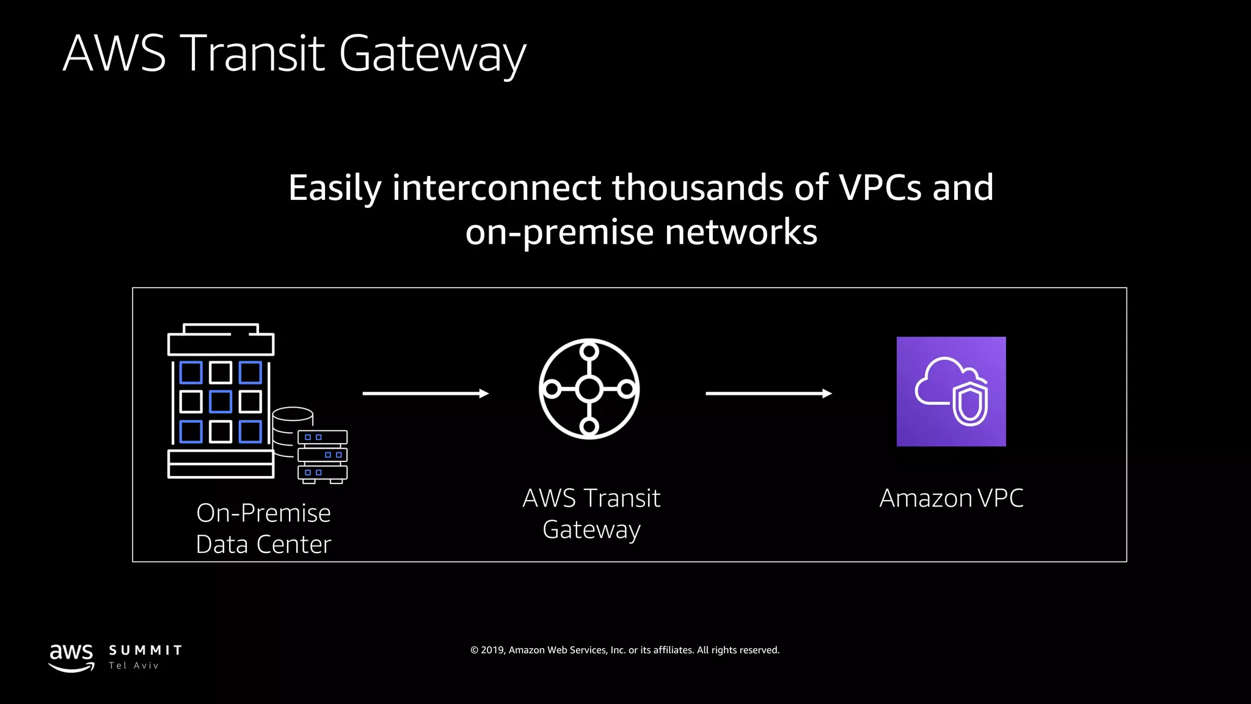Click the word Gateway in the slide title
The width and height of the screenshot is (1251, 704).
click(432, 54)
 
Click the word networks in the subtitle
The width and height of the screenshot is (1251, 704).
click(740, 233)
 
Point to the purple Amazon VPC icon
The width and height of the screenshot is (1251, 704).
click(950, 391)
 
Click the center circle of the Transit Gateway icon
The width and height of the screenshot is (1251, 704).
click(589, 389)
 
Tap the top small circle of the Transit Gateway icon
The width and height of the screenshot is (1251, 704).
click(589, 351)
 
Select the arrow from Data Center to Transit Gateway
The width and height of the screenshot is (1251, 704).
click(425, 394)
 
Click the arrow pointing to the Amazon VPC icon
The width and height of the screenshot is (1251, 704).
click(768, 394)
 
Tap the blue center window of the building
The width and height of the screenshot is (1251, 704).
click(221, 402)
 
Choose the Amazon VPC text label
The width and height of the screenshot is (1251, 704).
click(951, 498)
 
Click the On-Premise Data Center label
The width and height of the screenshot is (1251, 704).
click(263, 529)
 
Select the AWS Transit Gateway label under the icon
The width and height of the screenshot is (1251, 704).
click(591, 513)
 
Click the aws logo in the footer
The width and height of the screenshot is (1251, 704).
click(71, 658)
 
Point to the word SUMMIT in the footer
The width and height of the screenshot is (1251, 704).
click(145, 650)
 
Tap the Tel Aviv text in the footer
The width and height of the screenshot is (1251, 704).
click(134, 666)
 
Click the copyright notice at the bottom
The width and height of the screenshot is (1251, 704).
click(625, 650)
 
